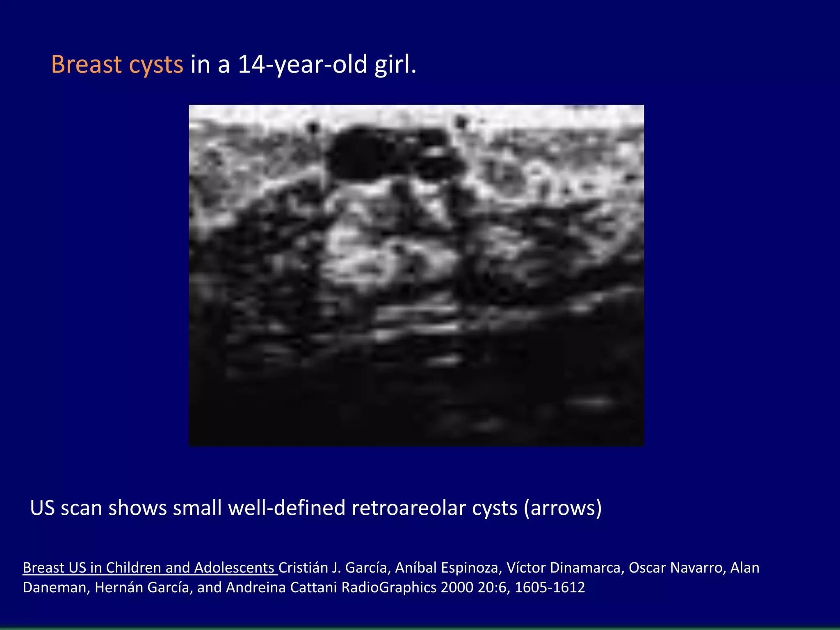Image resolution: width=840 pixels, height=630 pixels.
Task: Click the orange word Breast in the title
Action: (x=87, y=65)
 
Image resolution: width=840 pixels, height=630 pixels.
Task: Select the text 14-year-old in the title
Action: (x=302, y=65)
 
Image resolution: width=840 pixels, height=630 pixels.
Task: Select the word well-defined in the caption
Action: (x=287, y=508)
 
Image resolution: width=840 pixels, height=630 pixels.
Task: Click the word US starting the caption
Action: (x=42, y=508)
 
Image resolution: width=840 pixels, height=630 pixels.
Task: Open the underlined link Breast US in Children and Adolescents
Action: (x=150, y=568)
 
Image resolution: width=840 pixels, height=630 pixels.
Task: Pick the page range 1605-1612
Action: (x=550, y=587)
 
